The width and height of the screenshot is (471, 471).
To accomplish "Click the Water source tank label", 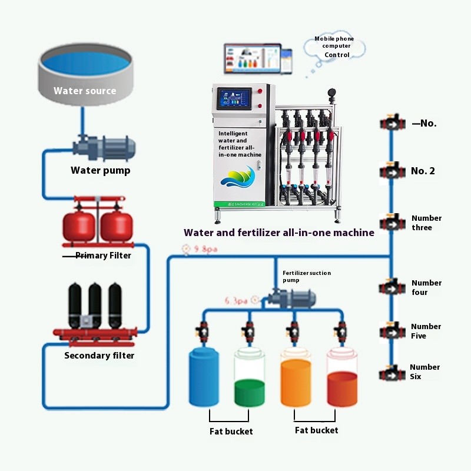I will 85,91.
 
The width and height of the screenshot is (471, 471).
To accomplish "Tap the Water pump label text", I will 100,171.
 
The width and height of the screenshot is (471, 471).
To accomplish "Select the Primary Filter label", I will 103,256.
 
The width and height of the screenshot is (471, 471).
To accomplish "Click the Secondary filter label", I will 99,356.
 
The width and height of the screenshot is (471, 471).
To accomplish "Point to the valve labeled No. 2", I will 390,171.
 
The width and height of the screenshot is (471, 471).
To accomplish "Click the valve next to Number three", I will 390,223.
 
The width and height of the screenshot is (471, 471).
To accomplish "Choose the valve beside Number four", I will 390,288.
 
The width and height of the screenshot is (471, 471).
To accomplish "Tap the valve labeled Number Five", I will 390,331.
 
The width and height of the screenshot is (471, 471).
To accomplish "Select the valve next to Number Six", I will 390,373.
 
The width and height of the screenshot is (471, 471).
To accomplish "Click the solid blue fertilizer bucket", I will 204,377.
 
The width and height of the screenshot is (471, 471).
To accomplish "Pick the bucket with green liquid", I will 250,380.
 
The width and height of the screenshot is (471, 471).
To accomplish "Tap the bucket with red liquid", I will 342,380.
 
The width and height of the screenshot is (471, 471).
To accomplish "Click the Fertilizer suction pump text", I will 306,276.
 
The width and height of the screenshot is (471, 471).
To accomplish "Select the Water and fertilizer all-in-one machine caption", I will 279,233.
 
